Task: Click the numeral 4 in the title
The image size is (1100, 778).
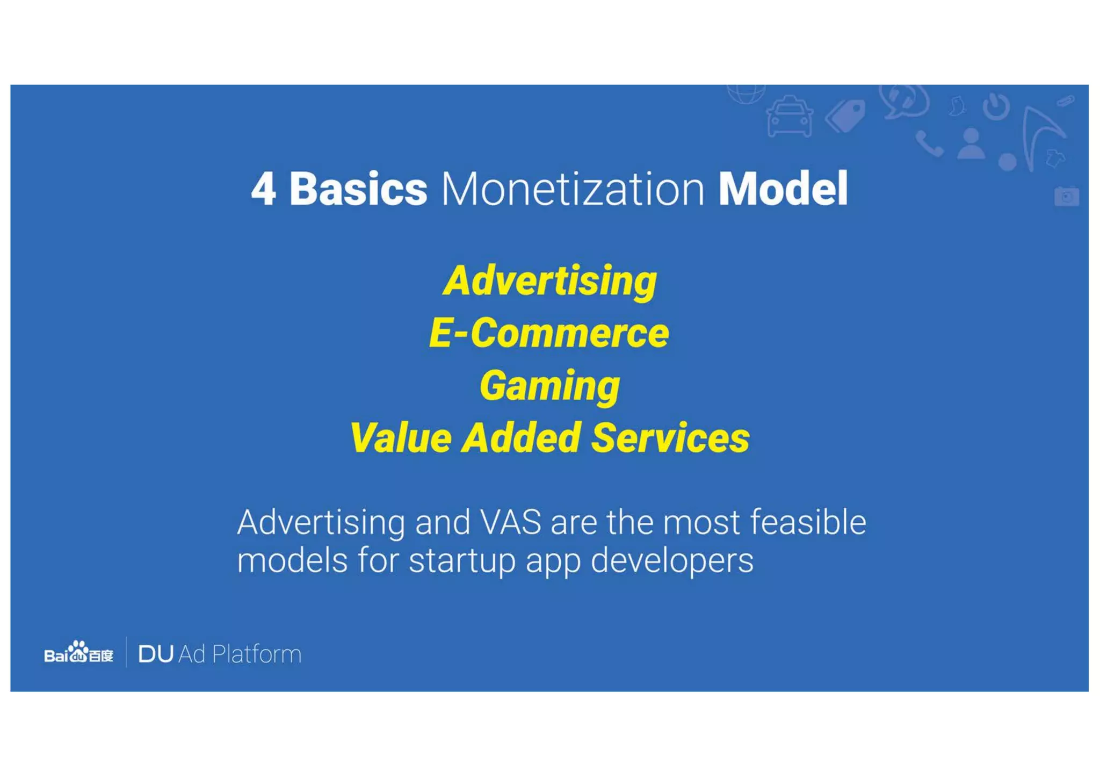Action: (264, 189)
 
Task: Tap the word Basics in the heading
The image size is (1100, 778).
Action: (358, 189)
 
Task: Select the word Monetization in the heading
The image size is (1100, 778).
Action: (573, 189)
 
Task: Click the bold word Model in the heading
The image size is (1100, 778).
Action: (783, 189)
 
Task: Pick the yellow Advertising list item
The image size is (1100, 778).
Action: (550, 281)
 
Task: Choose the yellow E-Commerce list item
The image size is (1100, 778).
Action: (549, 333)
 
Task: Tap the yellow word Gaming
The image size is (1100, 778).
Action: (549, 386)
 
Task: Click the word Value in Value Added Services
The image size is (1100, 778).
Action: (400, 438)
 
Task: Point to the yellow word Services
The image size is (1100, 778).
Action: (670, 438)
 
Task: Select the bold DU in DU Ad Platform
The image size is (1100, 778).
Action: (156, 654)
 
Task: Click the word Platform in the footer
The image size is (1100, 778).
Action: (257, 654)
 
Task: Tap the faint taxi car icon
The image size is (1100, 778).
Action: (789, 116)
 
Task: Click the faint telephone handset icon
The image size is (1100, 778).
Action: (929, 144)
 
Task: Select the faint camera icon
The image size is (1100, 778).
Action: (1066, 196)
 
